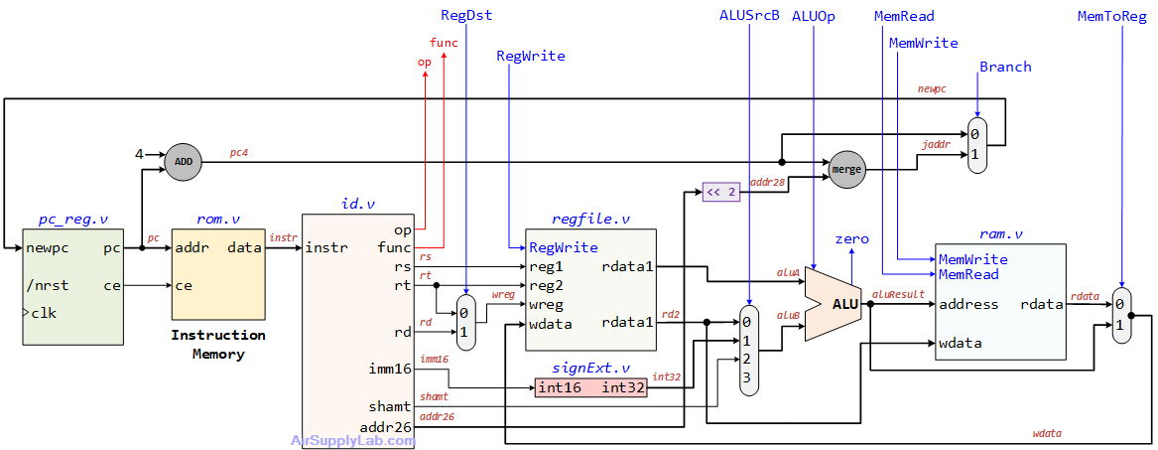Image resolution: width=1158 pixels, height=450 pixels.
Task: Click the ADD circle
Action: [184, 161]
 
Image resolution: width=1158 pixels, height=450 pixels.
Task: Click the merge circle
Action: [845, 170]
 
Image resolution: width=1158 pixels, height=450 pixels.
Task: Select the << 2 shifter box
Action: [721, 193]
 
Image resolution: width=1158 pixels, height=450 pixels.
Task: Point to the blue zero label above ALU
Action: [851, 239]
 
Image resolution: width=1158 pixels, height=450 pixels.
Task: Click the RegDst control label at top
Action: [465, 15]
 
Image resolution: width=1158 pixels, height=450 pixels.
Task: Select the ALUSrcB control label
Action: [749, 15]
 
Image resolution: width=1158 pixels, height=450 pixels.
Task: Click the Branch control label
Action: [1005, 67]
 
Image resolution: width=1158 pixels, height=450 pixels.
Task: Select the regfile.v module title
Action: [590, 219]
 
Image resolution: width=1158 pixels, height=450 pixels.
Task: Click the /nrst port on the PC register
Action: [48, 286]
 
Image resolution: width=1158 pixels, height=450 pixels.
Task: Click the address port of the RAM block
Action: [967, 304]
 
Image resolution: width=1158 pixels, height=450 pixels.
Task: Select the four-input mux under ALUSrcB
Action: [750, 351]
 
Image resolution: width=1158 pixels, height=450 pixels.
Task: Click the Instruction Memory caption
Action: [217, 345]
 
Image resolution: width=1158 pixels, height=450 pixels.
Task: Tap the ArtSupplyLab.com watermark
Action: [352, 440]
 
